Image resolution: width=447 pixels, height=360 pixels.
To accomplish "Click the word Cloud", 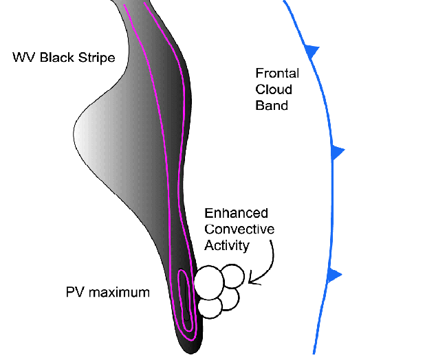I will point(274,89).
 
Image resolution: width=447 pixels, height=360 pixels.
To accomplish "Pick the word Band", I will point(272,106).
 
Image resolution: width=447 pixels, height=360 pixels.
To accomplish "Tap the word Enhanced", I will point(236,214).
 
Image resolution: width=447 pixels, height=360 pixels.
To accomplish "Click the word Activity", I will point(228,245).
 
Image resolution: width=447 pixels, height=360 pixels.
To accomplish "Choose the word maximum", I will point(118,292).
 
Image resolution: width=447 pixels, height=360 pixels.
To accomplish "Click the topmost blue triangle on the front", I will point(312,51).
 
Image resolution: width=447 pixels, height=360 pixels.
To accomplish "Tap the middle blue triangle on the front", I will point(336,153).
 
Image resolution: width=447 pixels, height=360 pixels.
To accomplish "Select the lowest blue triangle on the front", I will point(334,275).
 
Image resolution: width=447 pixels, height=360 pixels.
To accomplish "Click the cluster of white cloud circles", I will point(218,290).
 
